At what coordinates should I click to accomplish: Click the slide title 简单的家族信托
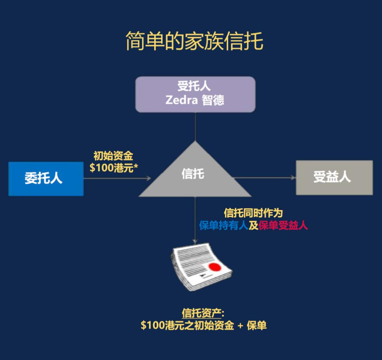[194, 41]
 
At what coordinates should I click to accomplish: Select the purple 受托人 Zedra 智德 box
[195, 94]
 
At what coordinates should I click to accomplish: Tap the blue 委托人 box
[46, 178]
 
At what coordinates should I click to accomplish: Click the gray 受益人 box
[334, 177]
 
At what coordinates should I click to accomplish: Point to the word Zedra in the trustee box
[181, 100]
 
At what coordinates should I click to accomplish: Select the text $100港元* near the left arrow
[114, 168]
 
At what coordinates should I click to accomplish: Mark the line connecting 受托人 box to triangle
[195, 126]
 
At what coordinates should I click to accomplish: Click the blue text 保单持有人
[224, 226]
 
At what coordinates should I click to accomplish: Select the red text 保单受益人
[283, 226]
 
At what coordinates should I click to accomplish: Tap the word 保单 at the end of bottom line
[256, 326]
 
